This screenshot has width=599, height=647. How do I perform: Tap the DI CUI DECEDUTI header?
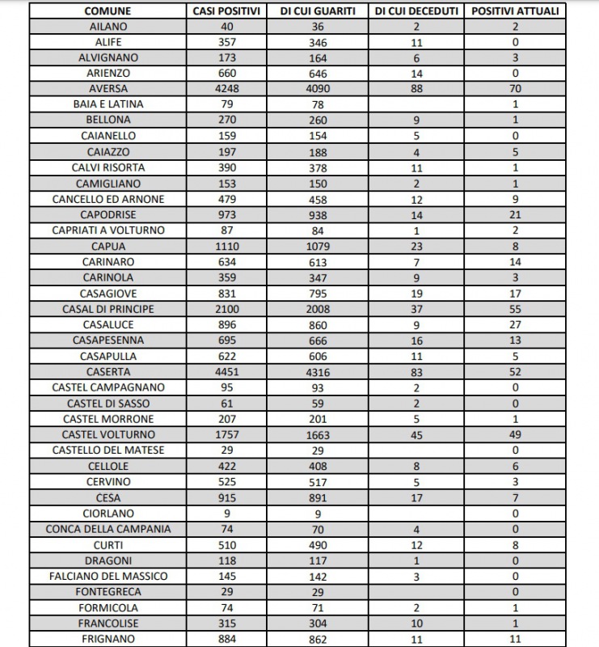pyautogui.click(x=417, y=11)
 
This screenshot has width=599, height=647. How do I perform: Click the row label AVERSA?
pyautogui.click(x=108, y=88)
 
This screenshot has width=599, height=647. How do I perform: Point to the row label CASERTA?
pyautogui.click(x=108, y=371)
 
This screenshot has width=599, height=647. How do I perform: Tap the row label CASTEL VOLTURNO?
pyautogui.click(x=108, y=434)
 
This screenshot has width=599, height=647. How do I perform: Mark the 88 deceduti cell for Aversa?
pyautogui.click(x=417, y=88)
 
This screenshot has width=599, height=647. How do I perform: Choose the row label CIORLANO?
pyautogui.click(x=108, y=513)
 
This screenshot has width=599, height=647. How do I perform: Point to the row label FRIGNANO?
pyautogui.click(x=108, y=639)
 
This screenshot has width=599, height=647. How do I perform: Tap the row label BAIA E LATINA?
pyautogui.click(x=108, y=104)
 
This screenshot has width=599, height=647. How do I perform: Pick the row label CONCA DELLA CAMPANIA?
pyautogui.click(x=108, y=529)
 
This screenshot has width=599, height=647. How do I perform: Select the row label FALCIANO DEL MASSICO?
pyautogui.click(x=108, y=576)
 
